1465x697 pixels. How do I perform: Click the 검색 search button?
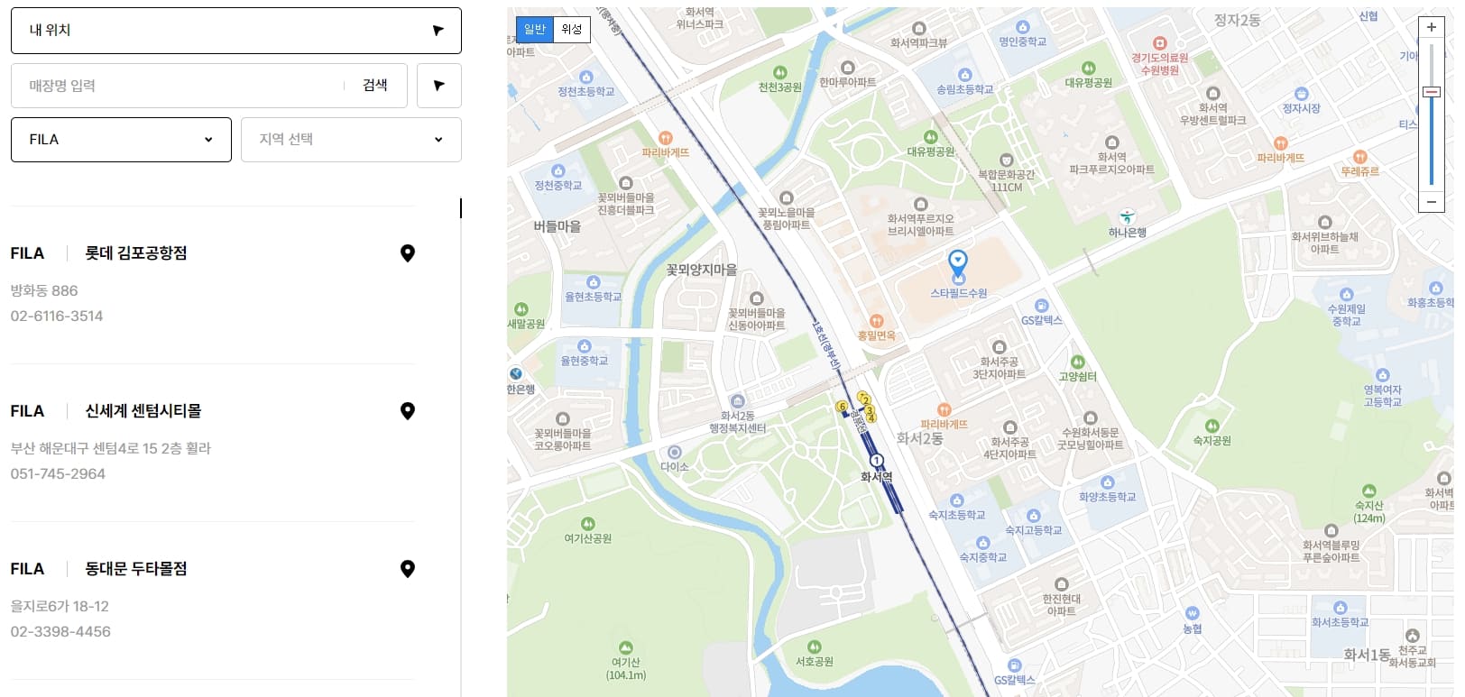point(374,86)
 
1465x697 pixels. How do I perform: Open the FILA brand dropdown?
point(121,140)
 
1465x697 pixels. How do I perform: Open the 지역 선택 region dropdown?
point(351,140)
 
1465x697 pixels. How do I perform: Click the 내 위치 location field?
point(235,31)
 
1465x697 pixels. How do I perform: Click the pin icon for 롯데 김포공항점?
point(408,253)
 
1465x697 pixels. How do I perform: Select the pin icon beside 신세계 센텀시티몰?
point(408,411)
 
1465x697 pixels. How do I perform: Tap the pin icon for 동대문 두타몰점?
point(408,569)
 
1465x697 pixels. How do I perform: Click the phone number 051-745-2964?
point(58,473)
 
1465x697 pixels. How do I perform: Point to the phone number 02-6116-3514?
point(57,316)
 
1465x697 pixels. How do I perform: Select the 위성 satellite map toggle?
point(571,29)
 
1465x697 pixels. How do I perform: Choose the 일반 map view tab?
point(535,29)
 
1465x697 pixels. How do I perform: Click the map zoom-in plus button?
point(1432,28)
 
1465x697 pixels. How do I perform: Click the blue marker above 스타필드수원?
point(958,261)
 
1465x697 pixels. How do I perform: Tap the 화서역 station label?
point(876,476)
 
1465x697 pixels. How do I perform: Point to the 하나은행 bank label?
point(1127,232)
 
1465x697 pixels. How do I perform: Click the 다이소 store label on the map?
point(675,466)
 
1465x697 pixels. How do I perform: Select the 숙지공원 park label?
point(1212,440)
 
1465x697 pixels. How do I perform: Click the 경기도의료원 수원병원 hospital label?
point(1160,63)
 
